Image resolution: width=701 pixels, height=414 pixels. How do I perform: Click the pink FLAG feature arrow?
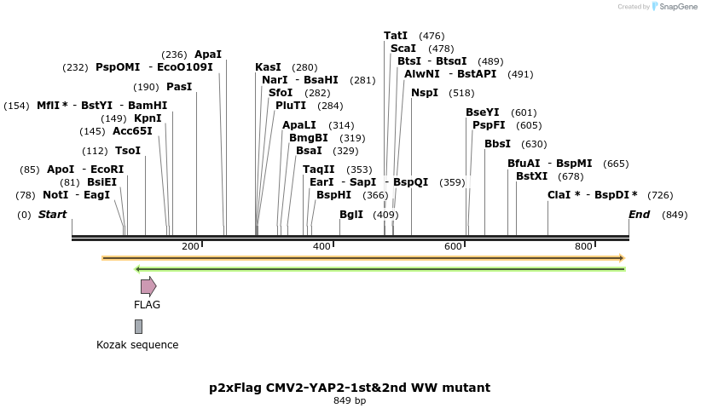[148, 286]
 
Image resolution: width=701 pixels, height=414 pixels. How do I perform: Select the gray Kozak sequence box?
[138, 326]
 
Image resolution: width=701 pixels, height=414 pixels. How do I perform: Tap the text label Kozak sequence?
[137, 345]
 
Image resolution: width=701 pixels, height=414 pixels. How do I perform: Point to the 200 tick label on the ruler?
[189, 246]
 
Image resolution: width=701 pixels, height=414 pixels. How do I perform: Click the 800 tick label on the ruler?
[582, 246]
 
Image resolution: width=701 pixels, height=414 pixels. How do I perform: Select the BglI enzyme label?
[351, 215]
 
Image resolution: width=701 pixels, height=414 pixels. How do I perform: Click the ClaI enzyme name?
[560, 195]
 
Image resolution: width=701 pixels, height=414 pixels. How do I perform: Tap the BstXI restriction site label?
[532, 175]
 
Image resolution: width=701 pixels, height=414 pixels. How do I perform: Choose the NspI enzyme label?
[425, 93]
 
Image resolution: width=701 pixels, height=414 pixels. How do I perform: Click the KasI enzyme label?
[268, 67]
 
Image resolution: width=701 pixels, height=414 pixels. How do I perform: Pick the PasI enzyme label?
[179, 87]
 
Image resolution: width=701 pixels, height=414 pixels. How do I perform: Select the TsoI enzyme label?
[128, 151]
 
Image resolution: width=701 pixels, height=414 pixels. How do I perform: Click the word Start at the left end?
[52, 215]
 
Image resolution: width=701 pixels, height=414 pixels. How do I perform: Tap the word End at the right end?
[639, 215]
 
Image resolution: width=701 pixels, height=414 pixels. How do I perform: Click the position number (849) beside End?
[675, 215]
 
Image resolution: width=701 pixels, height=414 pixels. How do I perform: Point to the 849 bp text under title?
[350, 400]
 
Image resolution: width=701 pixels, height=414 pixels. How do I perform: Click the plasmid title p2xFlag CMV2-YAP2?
[350, 388]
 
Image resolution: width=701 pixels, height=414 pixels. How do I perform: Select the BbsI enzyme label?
[497, 144]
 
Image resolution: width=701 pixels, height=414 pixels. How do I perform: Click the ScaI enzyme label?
[403, 49]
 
